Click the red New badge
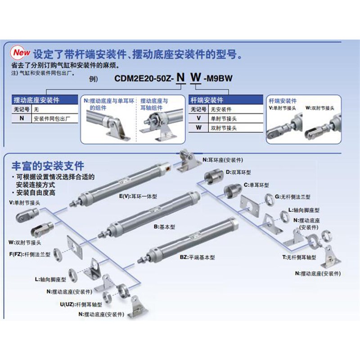coord(21,53)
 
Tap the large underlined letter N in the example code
coord(180,77)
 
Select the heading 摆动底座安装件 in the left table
coord(37,100)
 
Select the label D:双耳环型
coord(240,172)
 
